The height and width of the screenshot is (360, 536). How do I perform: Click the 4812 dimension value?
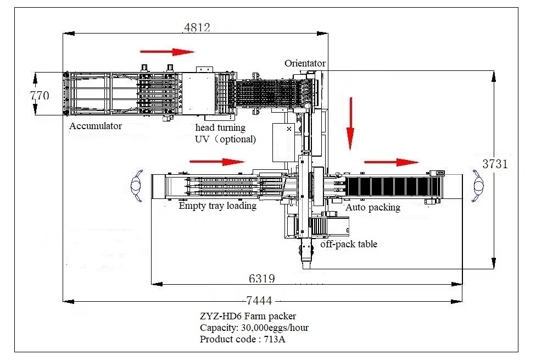[197, 27]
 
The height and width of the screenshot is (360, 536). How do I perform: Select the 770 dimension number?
[39, 95]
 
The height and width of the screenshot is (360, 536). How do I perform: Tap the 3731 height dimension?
[495, 163]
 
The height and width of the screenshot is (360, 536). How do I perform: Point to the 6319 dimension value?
[261, 278]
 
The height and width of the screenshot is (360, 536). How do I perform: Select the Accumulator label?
[96, 126]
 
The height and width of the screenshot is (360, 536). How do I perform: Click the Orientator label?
[305, 63]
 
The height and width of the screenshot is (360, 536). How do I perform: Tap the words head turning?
[221, 128]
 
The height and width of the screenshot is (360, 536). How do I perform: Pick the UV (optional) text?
[226, 139]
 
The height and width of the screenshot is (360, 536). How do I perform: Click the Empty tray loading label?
[217, 206]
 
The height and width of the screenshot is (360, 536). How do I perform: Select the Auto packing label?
[372, 207]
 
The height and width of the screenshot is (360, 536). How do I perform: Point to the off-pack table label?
[349, 243]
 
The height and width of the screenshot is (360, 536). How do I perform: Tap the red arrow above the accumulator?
[167, 52]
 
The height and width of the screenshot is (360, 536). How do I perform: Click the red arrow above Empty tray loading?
[216, 162]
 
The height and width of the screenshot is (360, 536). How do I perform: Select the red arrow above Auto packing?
[391, 162]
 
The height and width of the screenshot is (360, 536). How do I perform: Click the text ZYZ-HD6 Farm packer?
[248, 317]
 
